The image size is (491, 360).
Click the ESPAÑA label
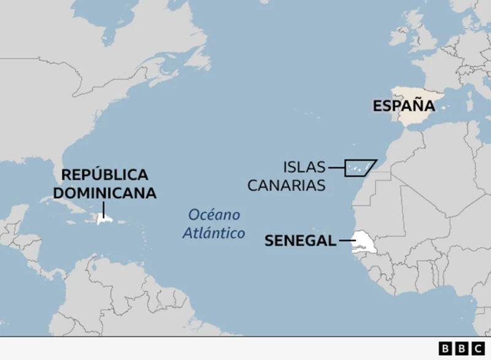[403, 105]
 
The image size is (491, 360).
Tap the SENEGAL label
[300, 240]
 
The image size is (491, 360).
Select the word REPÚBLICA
[104, 174]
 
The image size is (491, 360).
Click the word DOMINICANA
[104, 193]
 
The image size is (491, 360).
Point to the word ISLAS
[304, 167]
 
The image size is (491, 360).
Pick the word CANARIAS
[287, 185]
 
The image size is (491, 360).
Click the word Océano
[214, 215]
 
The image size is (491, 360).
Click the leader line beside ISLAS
[336, 167]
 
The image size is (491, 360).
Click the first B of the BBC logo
[446, 348]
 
